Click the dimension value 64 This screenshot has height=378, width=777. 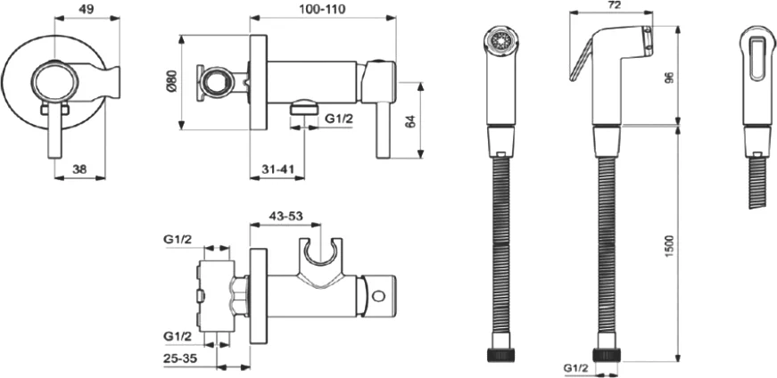click(410, 120)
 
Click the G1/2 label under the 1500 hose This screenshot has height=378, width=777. click(575, 366)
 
